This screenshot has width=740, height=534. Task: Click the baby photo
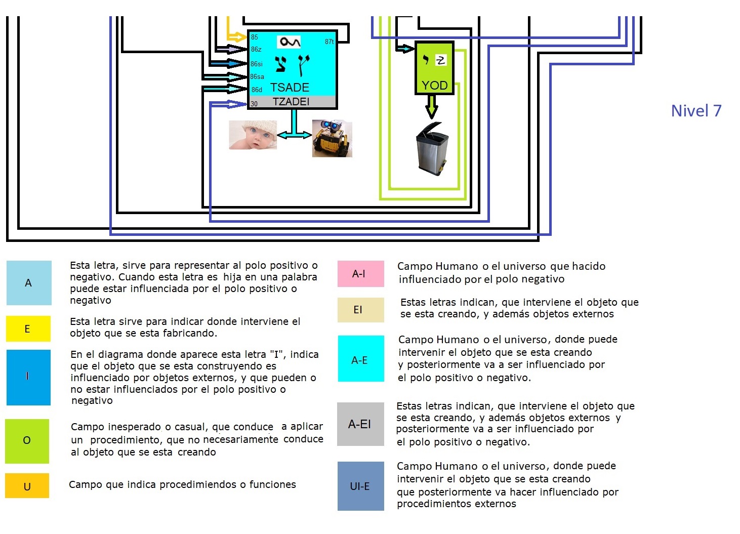[253, 135]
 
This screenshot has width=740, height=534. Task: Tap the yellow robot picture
[332, 138]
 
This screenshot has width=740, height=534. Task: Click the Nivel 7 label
[696, 111]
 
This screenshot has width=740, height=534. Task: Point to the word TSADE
[290, 87]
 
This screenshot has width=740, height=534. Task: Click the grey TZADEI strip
[292, 102]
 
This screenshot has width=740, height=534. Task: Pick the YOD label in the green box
[434, 85]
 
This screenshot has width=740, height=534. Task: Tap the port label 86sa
[257, 77]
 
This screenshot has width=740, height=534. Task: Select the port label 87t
[330, 42]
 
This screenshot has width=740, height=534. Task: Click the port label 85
[254, 37]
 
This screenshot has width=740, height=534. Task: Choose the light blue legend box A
[29, 283]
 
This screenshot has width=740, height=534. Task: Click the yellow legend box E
[28, 329]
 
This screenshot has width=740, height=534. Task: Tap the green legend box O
[27, 441]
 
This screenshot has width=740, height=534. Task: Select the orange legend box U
[27, 486]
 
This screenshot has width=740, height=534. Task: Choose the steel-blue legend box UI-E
[360, 486]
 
